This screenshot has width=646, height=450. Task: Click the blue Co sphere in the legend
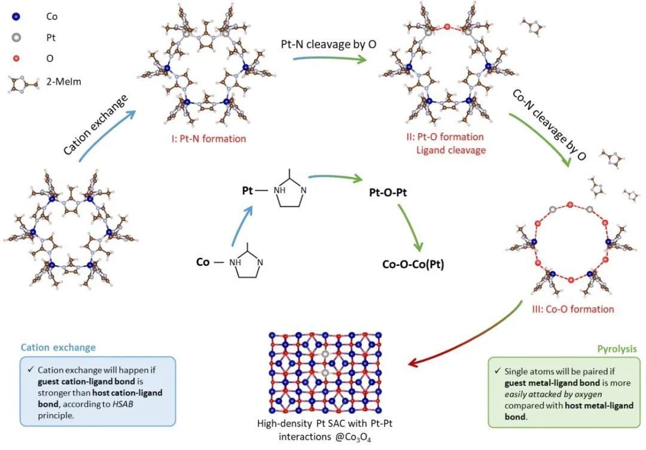[x=16, y=17]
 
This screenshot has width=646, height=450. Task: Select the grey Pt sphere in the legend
[x=16, y=37]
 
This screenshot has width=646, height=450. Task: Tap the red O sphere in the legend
[x=16, y=58]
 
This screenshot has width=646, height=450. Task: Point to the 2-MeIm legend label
[x=63, y=82]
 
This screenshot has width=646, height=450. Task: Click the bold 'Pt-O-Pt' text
[x=388, y=193]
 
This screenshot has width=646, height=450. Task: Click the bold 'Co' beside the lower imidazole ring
[x=203, y=262]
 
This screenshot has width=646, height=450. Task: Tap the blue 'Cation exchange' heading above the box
[x=58, y=347]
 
